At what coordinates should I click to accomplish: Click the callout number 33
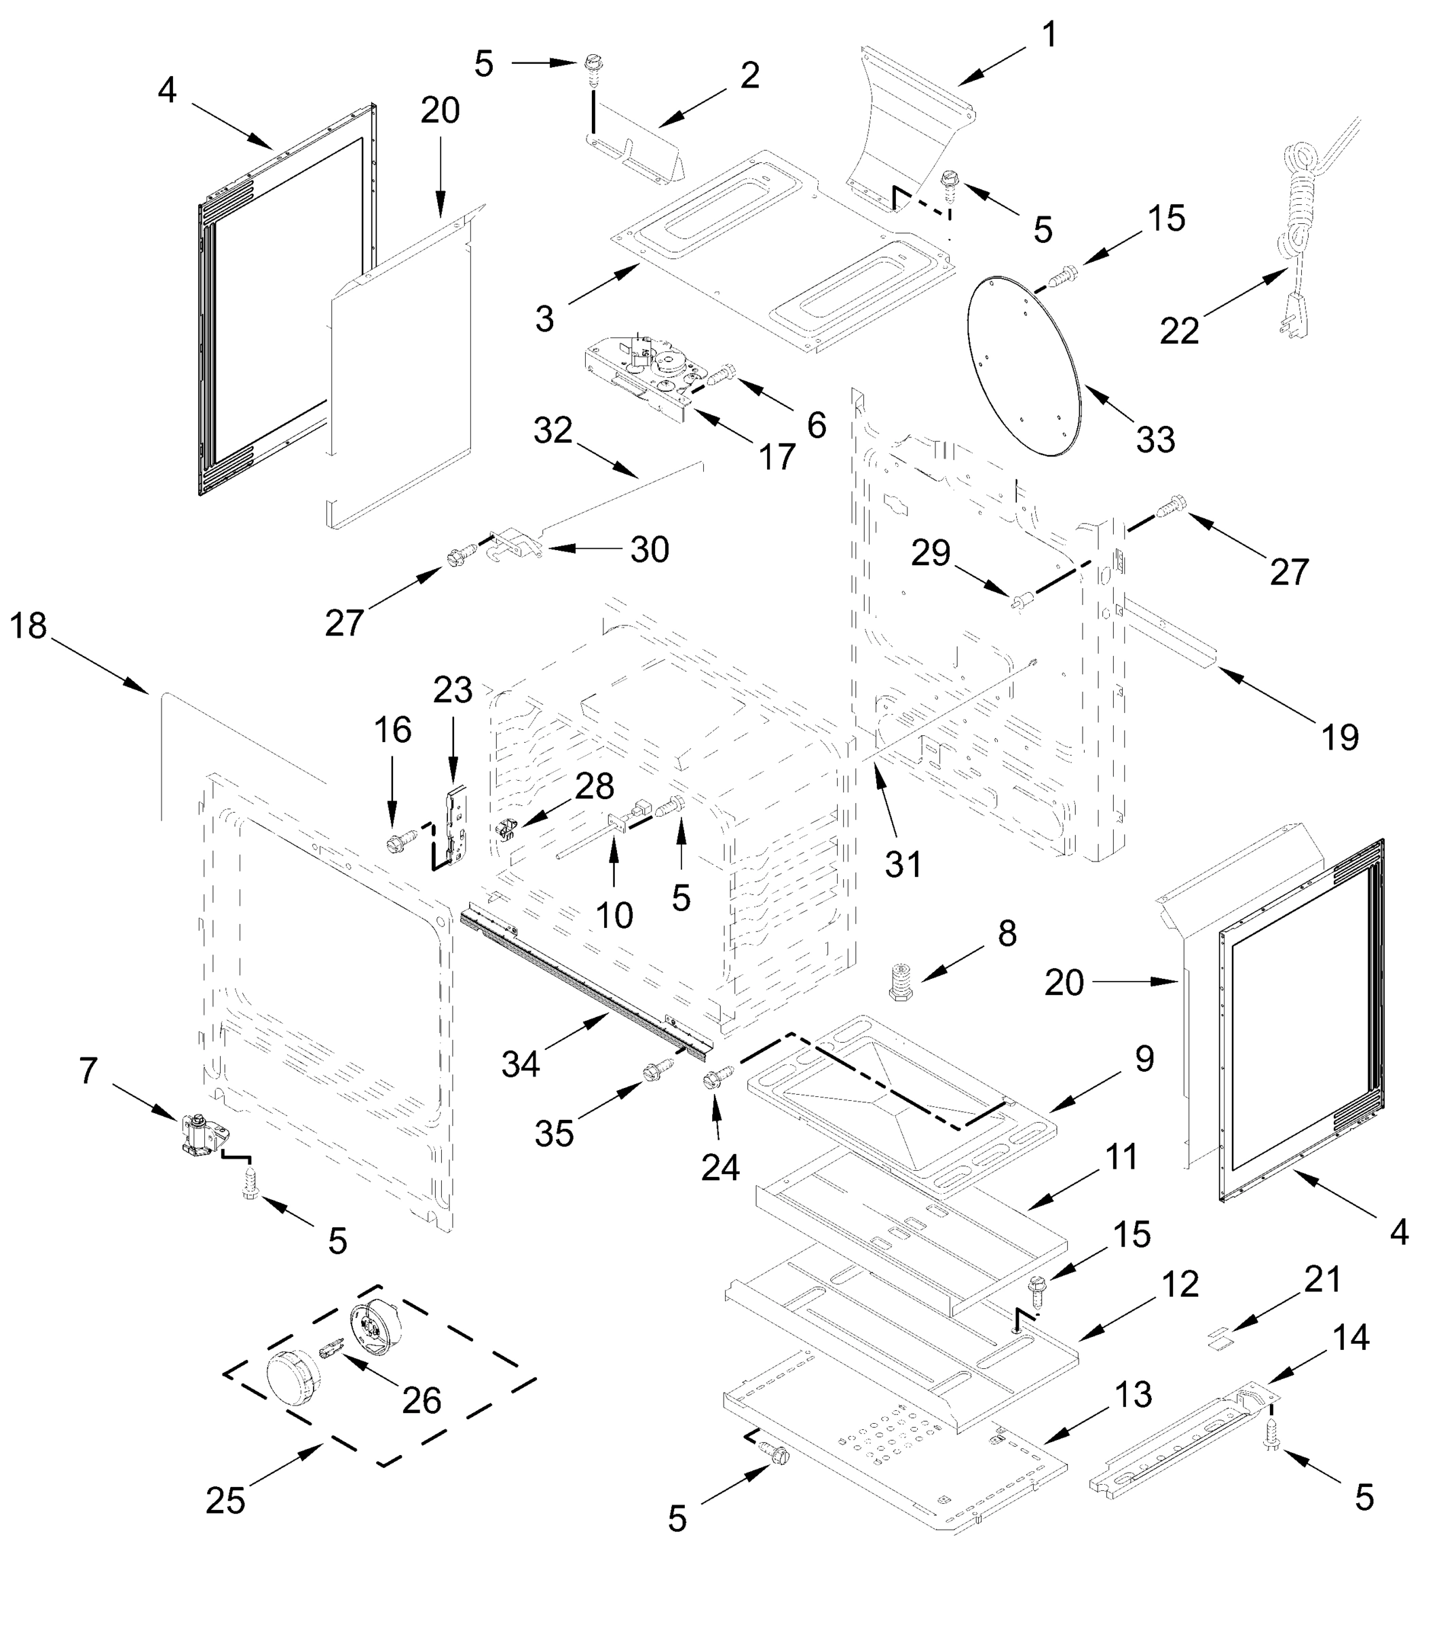(x=1155, y=439)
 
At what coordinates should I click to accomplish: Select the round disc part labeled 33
(x=1026, y=366)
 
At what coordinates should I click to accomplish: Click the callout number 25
(x=225, y=1501)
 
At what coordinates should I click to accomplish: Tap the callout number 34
(x=521, y=1064)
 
